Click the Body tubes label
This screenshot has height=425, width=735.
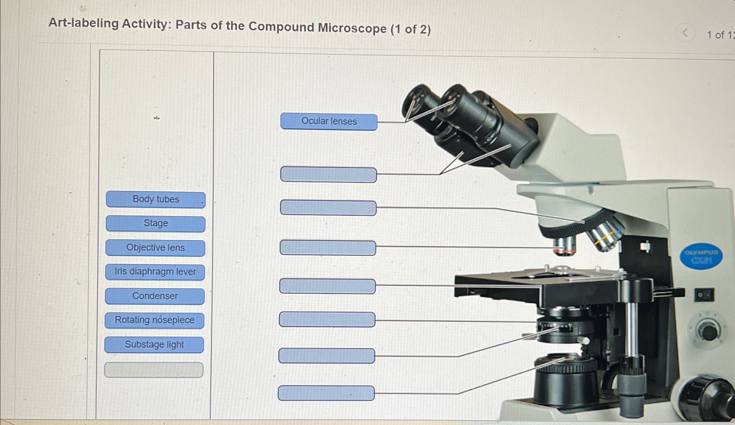click(x=156, y=200)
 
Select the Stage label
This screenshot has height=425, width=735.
click(x=156, y=224)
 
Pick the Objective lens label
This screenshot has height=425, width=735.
click(x=155, y=248)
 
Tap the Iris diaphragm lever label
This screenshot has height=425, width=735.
click(x=155, y=272)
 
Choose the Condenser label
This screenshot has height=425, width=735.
click(x=155, y=296)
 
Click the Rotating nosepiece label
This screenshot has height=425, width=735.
click(x=154, y=320)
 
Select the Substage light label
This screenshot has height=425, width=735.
click(x=154, y=345)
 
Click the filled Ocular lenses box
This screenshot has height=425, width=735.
click(x=329, y=122)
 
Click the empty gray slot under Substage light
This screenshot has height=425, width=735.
click(x=154, y=370)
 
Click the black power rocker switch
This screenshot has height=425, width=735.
click(x=704, y=295)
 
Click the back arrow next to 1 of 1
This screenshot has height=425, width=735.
click(x=685, y=33)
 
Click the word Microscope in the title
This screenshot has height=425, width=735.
click(x=352, y=28)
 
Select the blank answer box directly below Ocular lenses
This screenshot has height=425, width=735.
click(x=329, y=175)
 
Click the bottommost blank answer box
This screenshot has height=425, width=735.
click(x=326, y=393)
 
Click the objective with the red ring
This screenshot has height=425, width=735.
click(x=565, y=247)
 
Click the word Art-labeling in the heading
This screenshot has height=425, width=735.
click(x=83, y=23)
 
